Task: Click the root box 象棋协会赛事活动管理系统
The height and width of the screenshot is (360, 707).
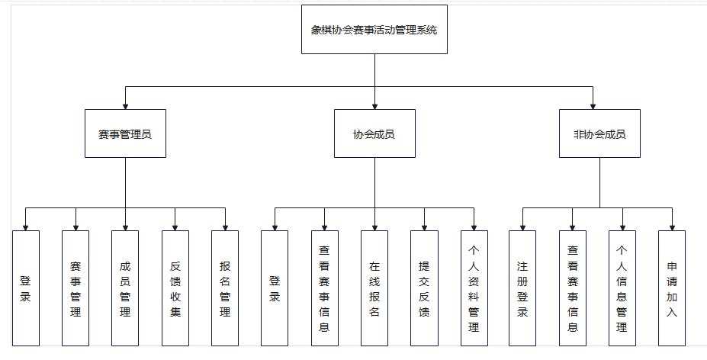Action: pyautogui.click(x=374, y=30)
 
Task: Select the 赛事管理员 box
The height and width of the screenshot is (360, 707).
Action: pyautogui.click(x=125, y=133)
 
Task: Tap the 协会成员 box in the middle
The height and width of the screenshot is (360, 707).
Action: pyautogui.click(x=374, y=133)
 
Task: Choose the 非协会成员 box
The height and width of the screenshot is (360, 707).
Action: pyautogui.click(x=599, y=133)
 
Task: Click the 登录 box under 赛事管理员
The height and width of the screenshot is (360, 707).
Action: pyautogui.click(x=26, y=288)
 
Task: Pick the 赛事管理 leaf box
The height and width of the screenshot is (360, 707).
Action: pyautogui.click(x=76, y=288)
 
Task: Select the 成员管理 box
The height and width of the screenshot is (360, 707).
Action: pyautogui.click(x=125, y=288)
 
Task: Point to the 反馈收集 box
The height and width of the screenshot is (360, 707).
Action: pyautogui.click(x=175, y=288)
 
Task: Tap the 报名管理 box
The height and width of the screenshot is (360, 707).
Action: pyautogui.click(x=225, y=288)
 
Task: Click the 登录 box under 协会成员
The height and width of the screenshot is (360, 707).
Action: pyautogui.click(x=275, y=288)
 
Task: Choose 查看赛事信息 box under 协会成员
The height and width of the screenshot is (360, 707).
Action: pyautogui.click(x=325, y=288)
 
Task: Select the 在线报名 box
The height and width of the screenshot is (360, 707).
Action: pyautogui.click(x=374, y=288)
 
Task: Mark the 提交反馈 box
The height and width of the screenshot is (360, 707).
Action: pyautogui.click(x=424, y=288)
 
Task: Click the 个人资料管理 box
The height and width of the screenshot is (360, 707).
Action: pyautogui.click(x=474, y=288)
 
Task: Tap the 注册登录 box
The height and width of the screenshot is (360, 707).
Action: pyautogui.click(x=522, y=288)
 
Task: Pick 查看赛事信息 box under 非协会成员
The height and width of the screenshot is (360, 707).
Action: pyautogui.click(x=573, y=288)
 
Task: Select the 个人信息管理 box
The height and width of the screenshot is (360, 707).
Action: pyautogui.click(x=622, y=288)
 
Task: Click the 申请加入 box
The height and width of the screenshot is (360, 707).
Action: pyautogui.click(x=672, y=288)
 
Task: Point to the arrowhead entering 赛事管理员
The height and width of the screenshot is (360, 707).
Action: pyautogui.click(x=125, y=104)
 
